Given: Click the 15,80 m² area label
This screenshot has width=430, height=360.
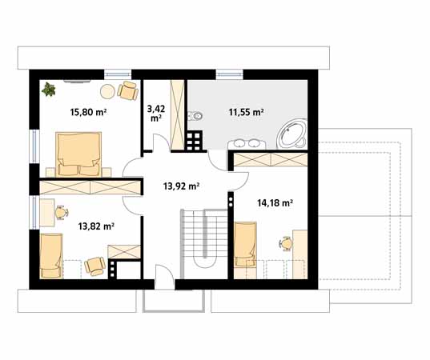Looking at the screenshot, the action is [88, 112].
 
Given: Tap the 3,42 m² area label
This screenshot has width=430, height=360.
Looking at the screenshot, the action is [156, 113].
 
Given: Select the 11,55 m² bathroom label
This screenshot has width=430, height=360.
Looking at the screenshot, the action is [247, 112].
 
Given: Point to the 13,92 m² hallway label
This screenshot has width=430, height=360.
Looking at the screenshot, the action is [181, 186].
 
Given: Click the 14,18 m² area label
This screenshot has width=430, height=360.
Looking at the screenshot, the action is [275, 203].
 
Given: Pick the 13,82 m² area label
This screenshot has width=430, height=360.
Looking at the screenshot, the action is [96, 226].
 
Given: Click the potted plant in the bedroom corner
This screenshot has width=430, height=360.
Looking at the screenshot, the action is [49, 90].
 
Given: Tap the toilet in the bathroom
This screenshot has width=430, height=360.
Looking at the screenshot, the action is [196, 116].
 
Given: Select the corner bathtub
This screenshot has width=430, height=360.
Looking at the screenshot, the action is [291, 134].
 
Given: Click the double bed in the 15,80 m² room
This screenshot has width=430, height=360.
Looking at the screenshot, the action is [78, 154].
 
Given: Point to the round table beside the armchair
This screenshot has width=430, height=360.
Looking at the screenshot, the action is [107, 91].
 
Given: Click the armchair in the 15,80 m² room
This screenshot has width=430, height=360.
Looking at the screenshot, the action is [128, 90].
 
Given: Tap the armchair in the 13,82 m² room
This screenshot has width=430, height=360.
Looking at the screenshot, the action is [94, 266].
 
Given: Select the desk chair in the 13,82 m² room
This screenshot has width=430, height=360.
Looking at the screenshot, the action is [62, 212].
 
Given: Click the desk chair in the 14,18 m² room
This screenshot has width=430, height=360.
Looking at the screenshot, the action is [286, 243].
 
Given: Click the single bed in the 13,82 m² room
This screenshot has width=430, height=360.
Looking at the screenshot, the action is [51, 256].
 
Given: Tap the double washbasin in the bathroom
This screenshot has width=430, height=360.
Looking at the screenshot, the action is [247, 144].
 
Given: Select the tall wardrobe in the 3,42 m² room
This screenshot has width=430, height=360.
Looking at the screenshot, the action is [177, 115].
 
